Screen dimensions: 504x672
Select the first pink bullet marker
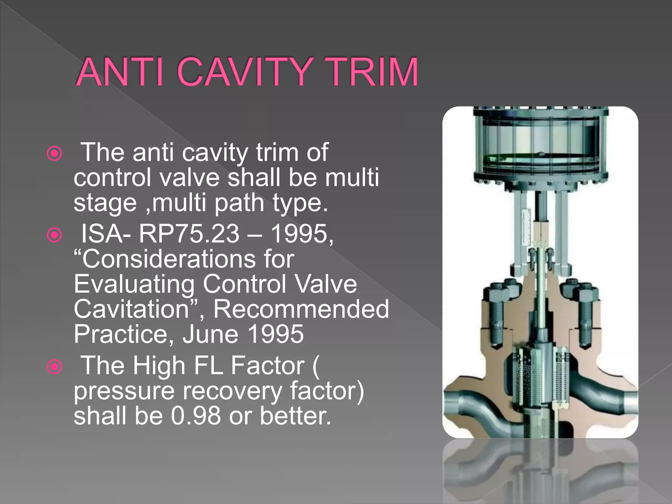point(54,153)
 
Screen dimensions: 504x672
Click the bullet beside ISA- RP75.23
point(54,235)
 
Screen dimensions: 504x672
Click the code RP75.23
point(189,234)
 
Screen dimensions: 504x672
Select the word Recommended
point(301,309)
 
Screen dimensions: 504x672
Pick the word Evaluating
point(134,284)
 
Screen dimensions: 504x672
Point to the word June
point(210,334)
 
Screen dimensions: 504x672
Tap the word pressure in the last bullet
point(124,391)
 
